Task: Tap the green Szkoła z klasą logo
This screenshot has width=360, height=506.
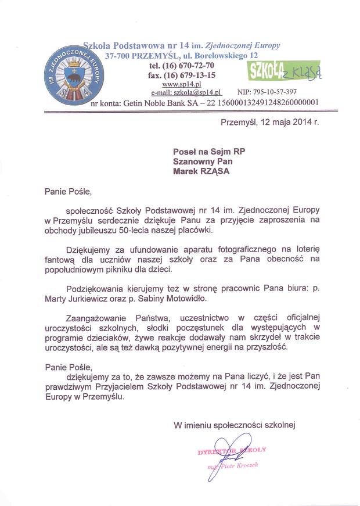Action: [284, 70]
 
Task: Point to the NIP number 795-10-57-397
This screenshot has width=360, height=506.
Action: [267, 92]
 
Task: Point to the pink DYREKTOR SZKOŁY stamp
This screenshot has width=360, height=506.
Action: [232, 450]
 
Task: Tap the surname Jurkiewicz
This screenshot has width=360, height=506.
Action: [98, 299]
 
